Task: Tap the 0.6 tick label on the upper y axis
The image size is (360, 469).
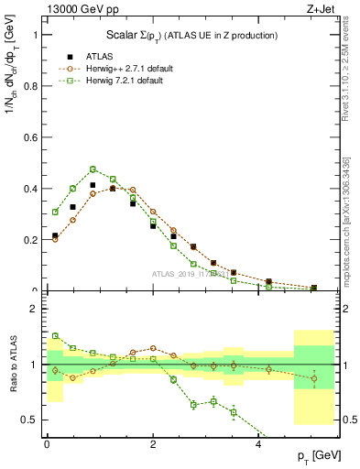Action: coord(31,137)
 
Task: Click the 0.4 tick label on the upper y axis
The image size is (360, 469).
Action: coord(31,189)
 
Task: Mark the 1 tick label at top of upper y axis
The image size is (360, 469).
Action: coord(36,35)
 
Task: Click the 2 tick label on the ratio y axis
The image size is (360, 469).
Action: coord(36,309)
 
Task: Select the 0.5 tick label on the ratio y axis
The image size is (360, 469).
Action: coord(31,420)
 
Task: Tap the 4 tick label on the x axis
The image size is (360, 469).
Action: coord(259,443)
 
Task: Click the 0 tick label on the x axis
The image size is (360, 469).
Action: coord(47,443)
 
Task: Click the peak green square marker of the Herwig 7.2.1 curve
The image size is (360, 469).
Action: coord(93,169)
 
